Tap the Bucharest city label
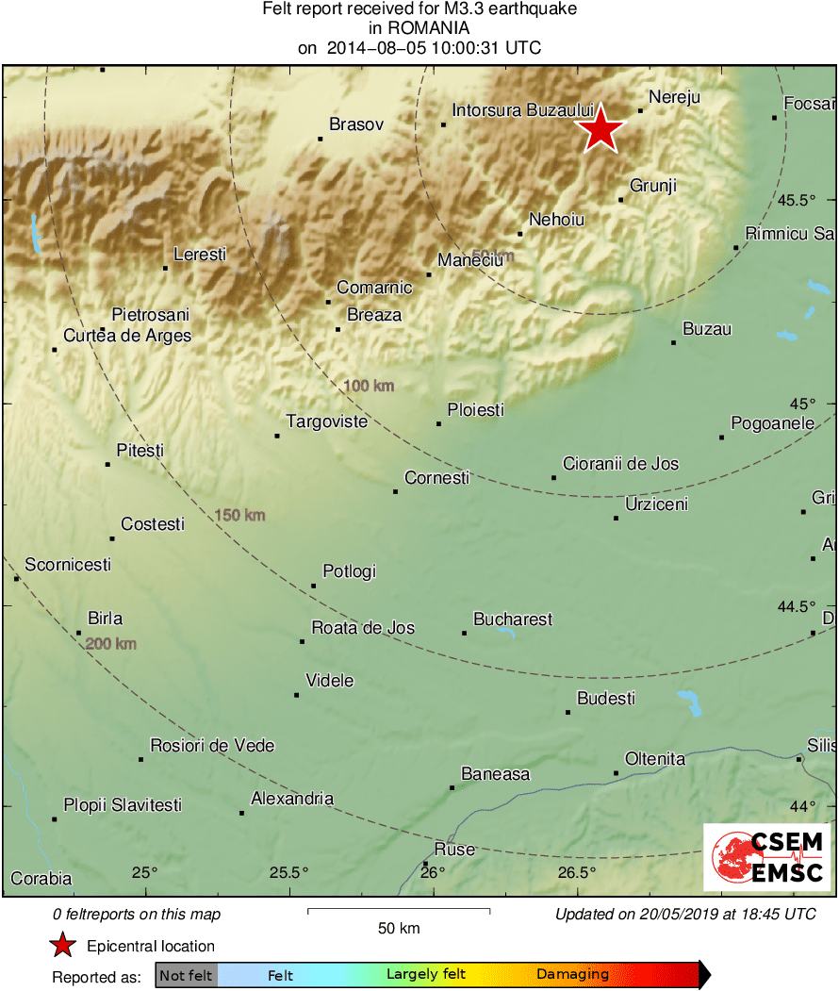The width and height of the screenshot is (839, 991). (512, 619)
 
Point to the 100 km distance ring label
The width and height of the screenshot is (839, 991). (369, 386)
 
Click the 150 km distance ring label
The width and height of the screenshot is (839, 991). (240, 515)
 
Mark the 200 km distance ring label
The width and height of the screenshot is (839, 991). (111, 644)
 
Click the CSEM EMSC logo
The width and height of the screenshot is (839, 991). (766, 857)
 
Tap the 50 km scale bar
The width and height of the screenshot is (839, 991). (399, 912)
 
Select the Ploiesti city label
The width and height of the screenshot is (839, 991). (475, 410)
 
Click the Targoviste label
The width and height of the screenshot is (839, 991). (326, 421)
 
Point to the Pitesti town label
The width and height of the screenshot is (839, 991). (140, 451)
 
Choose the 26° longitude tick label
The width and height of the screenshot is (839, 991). (434, 872)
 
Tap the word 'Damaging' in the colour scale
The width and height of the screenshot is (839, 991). (572, 975)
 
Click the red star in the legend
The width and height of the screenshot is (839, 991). (62, 946)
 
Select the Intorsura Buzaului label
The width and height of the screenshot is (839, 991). (522, 110)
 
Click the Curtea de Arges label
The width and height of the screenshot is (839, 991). (127, 336)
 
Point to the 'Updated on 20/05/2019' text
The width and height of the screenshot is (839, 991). (684, 914)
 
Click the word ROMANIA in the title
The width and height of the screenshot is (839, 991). (419, 28)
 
